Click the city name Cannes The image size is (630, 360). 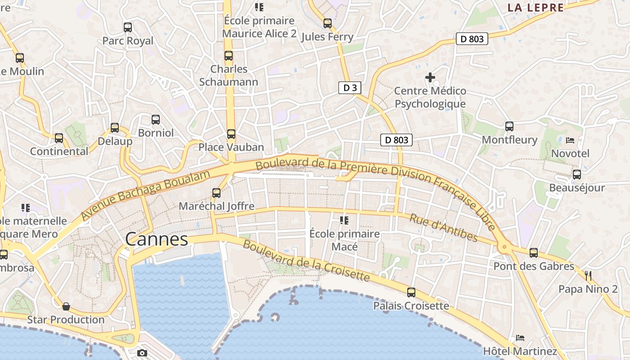(157, 239)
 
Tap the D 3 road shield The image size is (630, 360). (350, 88)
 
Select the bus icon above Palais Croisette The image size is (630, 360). (411, 292)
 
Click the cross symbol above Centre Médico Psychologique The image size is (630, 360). (430, 77)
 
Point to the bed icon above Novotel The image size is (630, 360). (570, 140)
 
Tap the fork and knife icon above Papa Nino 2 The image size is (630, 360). (588, 275)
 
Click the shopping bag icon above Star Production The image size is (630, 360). (66, 306)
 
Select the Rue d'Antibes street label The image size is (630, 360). (443, 227)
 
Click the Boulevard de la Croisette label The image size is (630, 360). (306, 261)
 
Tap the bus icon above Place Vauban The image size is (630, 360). (231, 134)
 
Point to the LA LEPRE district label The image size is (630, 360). (535, 8)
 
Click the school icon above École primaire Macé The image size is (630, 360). (344, 220)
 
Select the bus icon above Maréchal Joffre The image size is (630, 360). (216, 193)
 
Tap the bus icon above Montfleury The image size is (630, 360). (509, 126)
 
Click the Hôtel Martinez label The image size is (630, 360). (520, 351)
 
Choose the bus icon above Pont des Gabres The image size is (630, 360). (534, 252)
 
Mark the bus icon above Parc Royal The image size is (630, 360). (128, 27)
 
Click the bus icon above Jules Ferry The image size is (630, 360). (328, 23)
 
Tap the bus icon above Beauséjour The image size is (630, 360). (577, 174)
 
